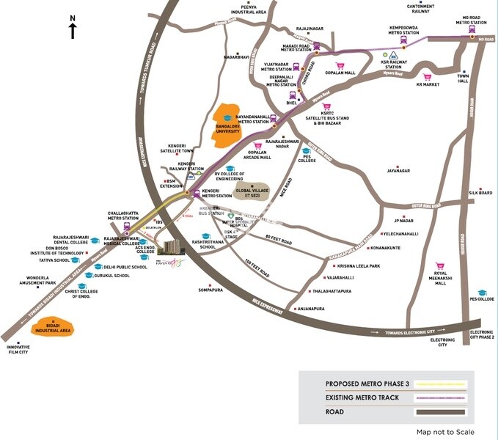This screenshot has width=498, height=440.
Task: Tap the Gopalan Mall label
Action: coord(340,73)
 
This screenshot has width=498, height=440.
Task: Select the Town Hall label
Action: coord(463,79)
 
